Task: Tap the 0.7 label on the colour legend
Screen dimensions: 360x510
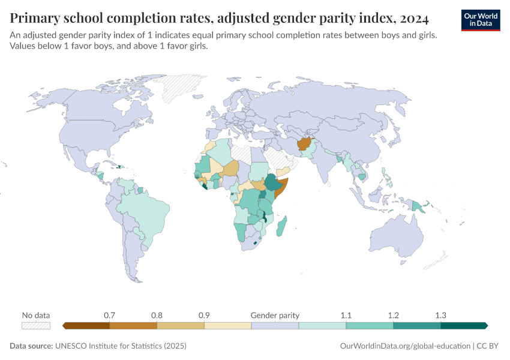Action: coord(110,315)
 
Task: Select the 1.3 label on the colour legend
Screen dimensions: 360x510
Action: coord(440,315)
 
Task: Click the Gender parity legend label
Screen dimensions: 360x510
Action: coord(275,315)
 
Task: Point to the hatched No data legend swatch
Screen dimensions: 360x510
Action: coord(36,325)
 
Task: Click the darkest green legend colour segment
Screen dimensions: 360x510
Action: coord(463,325)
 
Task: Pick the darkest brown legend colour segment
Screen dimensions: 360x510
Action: coord(86,325)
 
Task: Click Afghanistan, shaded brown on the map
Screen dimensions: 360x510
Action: coord(304,145)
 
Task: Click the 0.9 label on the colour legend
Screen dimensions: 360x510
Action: coord(204,315)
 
